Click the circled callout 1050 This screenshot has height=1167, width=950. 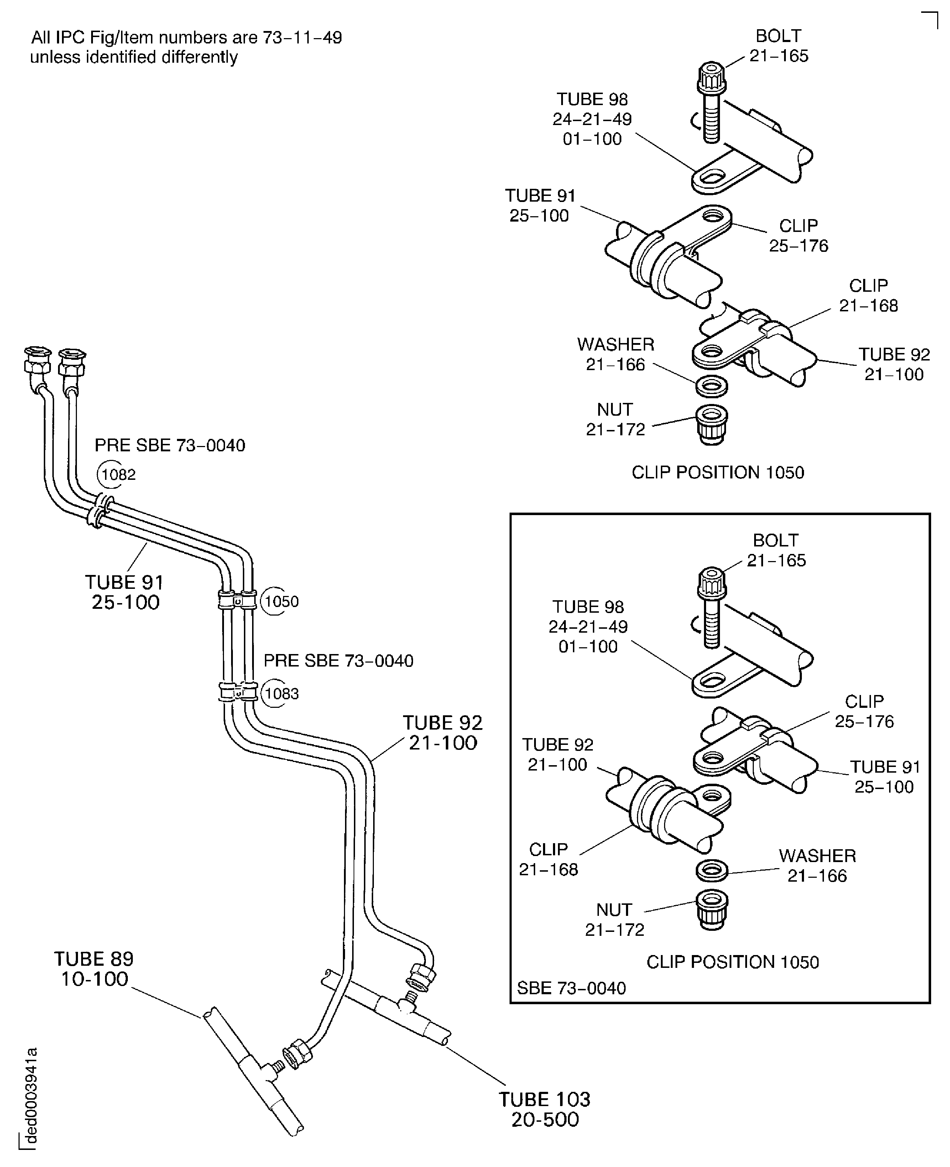pyautogui.click(x=281, y=602)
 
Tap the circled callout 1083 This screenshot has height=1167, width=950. pyautogui.click(x=281, y=694)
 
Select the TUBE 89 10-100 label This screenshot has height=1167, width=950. pyautogui.click(x=94, y=969)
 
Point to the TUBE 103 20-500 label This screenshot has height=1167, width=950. pyautogui.click(x=544, y=1110)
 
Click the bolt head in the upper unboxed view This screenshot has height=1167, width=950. pyautogui.click(x=711, y=78)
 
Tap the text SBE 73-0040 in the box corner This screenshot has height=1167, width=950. pyautogui.click(x=571, y=988)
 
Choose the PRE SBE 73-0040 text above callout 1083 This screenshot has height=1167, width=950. pyautogui.click(x=338, y=661)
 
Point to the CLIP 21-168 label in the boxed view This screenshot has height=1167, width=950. pyautogui.click(x=548, y=859)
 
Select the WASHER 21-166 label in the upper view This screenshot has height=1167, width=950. pyautogui.click(x=616, y=354)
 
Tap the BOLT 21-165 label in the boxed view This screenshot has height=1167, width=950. pyautogui.click(x=776, y=550)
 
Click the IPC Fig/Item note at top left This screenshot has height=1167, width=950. pyautogui.click(x=186, y=47)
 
